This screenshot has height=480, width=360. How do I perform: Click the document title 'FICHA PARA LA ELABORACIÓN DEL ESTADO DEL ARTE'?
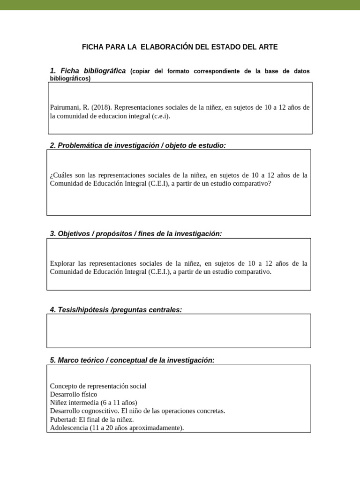pos(180,47)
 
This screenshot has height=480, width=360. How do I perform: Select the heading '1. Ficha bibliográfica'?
pos(88,71)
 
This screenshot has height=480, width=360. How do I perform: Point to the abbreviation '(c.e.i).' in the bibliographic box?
pos(161,116)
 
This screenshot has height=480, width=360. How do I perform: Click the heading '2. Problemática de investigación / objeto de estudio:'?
pos(137,145)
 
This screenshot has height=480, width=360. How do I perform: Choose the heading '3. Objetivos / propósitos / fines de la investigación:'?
pos(135,233)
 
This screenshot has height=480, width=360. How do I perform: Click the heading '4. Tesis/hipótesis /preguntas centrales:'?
pos(115,310)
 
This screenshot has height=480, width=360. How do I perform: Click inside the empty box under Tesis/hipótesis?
pos(179,331)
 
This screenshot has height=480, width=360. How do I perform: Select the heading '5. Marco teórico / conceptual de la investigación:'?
pos(132,360)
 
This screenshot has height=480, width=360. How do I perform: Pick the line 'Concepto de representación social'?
pos(98,386)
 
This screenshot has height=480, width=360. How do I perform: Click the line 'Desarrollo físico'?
pos(74,394)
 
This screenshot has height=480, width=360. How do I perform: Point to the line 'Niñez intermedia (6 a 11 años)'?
pos(93,403)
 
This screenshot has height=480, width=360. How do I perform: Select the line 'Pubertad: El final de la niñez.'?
pos(92,420)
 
